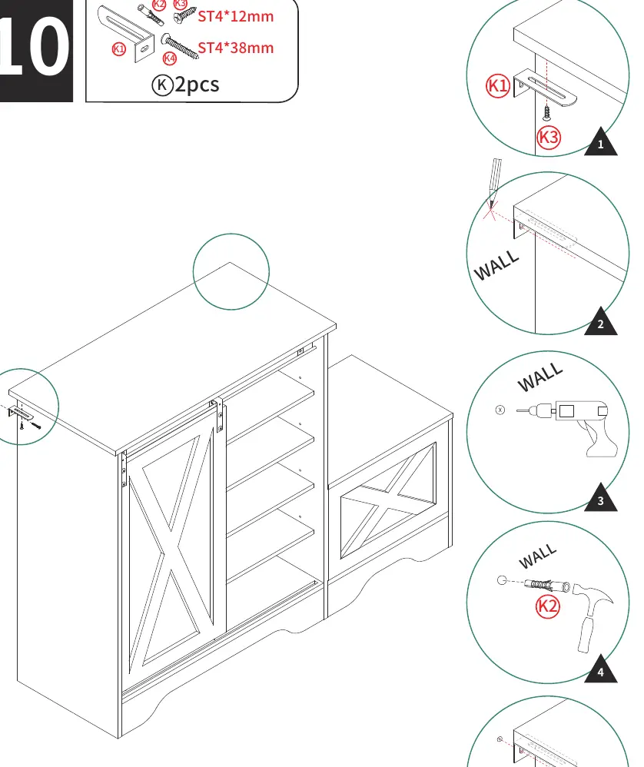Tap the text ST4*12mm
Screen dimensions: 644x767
[x=236, y=16]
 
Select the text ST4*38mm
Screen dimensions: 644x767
[x=236, y=48]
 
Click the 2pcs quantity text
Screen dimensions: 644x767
[x=197, y=85]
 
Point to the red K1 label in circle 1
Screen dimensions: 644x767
[x=498, y=85]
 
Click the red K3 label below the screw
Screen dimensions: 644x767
[x=548, y=138]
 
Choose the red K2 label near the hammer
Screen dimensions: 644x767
[x=547, y=606]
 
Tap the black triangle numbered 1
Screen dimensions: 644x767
[x=601, y=143]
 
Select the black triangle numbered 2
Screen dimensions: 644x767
[x=601, y=322]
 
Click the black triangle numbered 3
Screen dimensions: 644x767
[x=601, y=499]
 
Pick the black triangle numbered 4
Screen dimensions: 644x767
[x=601, y=670]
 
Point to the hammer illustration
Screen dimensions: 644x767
[x=593, y=616]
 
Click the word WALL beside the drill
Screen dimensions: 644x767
[x=540, y=377]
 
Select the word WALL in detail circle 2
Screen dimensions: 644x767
[x=496, y=266]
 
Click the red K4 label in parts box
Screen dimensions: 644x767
[x=169, y=58]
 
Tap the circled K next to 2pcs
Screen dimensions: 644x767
[x=162, y=85]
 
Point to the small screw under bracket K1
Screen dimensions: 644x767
[x=546, y=113]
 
